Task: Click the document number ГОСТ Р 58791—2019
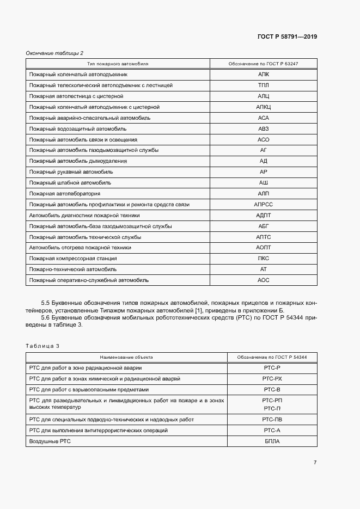[287, 36]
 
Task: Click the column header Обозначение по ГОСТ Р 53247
[264, 64]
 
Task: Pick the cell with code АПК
[264, 75]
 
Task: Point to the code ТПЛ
[264, 85]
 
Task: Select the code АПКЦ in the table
[264, 107]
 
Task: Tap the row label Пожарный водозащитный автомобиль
[78, 128]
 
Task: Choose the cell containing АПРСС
[264, 205]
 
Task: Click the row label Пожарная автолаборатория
[65, 194]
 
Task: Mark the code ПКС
[264, 259]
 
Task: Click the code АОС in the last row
[264, 280]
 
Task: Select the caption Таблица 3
[42, 346]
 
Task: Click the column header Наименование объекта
[126, 358]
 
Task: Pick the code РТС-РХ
[272, 378]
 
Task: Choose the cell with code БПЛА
[272, 441]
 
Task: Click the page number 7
[315, 462]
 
